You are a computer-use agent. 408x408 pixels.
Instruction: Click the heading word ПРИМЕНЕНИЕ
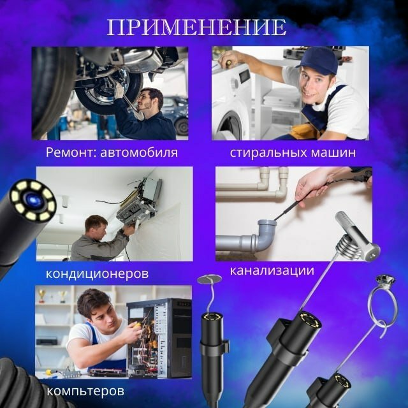coord(197,27)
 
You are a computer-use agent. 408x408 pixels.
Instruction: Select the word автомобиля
coord(139,152)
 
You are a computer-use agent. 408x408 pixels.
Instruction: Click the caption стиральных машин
coord(293,152)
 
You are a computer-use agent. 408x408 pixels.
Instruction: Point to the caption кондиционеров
coord(98,273)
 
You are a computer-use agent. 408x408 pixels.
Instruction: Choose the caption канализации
coord(272,270)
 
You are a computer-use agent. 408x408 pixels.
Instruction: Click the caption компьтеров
coord(85,391)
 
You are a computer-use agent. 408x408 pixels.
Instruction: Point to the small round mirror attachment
coord(210,279)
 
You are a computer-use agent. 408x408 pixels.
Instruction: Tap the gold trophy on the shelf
coord(41,296)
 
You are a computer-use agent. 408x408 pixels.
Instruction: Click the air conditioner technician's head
coord(96,227)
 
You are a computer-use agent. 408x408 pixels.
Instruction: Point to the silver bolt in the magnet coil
coord(358,235)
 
